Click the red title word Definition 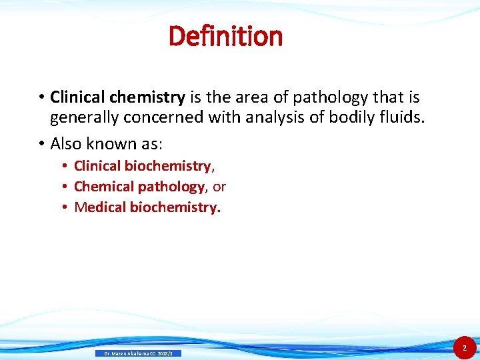[226, 36]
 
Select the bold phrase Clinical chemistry [117, 97]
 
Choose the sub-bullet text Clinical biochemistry [143, 166]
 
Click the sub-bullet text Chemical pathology [139, 187]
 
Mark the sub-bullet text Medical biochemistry [147, 207]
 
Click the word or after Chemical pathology [219, 187]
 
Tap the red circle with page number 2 [465, 348]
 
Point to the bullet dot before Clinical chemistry [41, 98]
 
